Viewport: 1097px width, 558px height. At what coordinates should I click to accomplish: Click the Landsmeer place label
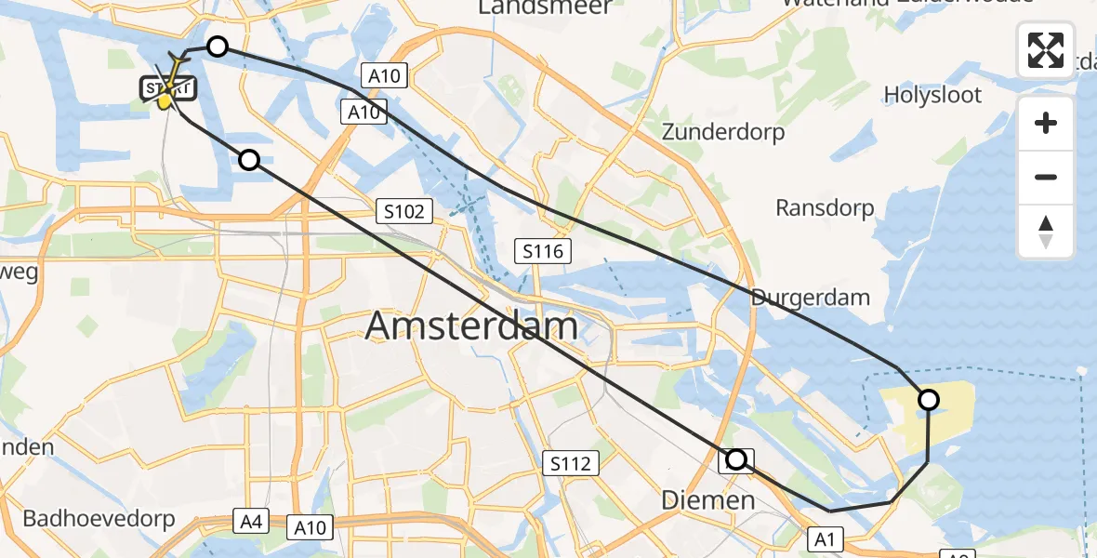[x=545, y=7]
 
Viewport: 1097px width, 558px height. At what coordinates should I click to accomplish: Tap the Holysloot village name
[x=933, y=94]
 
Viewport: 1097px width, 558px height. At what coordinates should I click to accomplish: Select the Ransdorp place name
[x=825, y=207]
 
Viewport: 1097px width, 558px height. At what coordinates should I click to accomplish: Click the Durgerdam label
[x=810, y=298]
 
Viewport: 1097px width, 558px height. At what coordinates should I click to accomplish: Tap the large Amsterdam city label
[x=471, y=326]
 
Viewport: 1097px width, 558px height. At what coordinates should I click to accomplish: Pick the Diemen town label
[x=707, y=500]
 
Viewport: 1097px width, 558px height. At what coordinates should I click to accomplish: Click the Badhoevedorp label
[x=99, y=519]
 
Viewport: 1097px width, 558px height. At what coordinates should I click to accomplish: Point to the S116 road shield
[x=544, y=249]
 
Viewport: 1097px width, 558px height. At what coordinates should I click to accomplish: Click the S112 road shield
[x=570, y=463]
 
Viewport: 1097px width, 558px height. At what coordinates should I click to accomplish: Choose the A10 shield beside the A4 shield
[x=309, y=527]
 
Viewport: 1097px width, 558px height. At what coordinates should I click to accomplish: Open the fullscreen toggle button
[x=1046, y=50]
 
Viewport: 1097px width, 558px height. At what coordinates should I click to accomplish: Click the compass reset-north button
[x=1046, y=232]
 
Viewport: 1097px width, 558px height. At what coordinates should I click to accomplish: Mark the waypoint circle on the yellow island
[x=928, y=400]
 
